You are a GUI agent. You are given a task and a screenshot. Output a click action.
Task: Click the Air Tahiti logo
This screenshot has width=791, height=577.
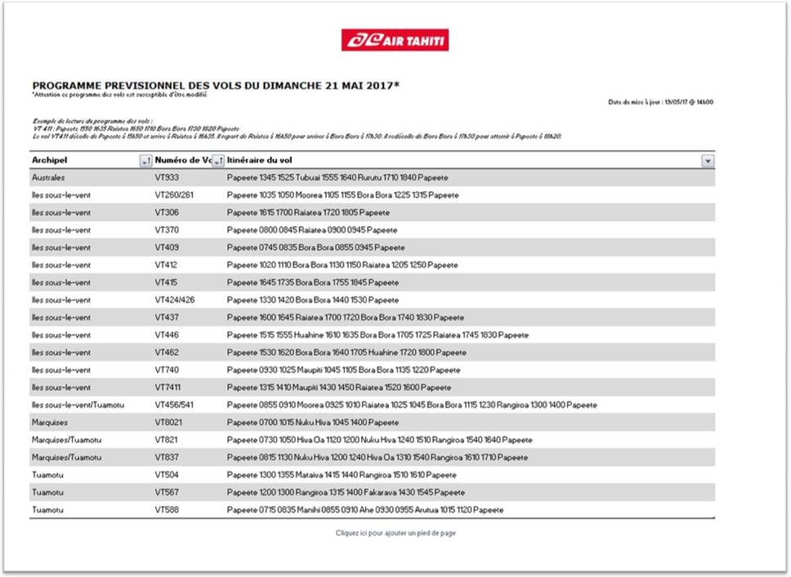[395, 40]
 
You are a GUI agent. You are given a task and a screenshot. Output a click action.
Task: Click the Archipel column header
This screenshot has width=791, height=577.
[50, 160]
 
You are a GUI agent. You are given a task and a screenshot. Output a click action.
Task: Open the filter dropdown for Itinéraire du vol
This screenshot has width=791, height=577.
[708, 161]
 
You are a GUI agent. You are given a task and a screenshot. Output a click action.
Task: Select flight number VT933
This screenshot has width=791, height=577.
[167, 177]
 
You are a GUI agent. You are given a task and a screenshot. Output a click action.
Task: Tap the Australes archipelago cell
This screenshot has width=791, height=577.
[48, 177]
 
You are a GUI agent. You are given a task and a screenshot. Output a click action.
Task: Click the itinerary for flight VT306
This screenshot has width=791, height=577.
[308, 212]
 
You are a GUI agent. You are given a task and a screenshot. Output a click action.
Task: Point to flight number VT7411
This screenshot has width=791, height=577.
[169, 387]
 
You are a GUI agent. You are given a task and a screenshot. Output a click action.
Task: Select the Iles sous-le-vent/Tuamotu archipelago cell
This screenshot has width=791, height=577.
[78, 405]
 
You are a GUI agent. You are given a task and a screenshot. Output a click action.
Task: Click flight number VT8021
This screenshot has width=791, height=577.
[169, 423]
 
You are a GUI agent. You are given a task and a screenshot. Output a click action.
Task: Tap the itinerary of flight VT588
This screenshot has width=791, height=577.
[365, 510]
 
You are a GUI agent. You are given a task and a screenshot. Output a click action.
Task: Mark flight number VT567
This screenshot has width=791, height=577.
[167, 493]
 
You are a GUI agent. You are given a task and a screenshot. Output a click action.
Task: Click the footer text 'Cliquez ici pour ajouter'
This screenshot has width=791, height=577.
[395, 533]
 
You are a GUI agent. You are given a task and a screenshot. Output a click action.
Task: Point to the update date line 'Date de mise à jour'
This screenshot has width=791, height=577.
[661, 102]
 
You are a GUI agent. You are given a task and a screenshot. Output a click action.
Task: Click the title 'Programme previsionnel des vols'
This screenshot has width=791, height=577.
[216, 85]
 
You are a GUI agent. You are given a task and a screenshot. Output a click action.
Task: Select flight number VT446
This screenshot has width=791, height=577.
[167, 335]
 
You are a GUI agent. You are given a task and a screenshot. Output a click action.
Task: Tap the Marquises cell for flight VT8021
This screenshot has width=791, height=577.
[50, 423]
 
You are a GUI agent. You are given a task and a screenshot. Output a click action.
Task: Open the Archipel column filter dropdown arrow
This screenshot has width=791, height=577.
[145, 161]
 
